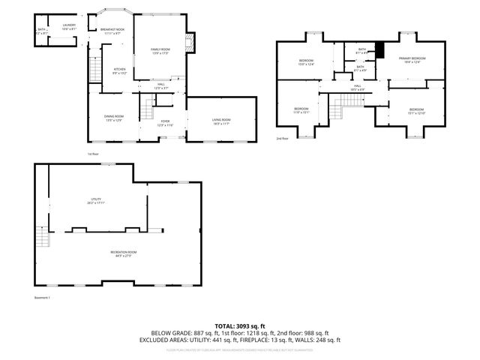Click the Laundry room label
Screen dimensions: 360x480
(69, 26)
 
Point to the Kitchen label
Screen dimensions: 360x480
(119, 72)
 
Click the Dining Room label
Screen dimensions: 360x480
(114, 118)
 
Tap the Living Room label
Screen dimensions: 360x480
(221, 121)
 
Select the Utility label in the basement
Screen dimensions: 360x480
(95, 200)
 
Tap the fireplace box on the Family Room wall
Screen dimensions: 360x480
(190, 43)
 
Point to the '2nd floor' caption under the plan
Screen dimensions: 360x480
(283, 139)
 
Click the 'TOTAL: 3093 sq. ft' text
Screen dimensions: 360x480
(239, 325)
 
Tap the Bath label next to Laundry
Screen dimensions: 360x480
(41, 31)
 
